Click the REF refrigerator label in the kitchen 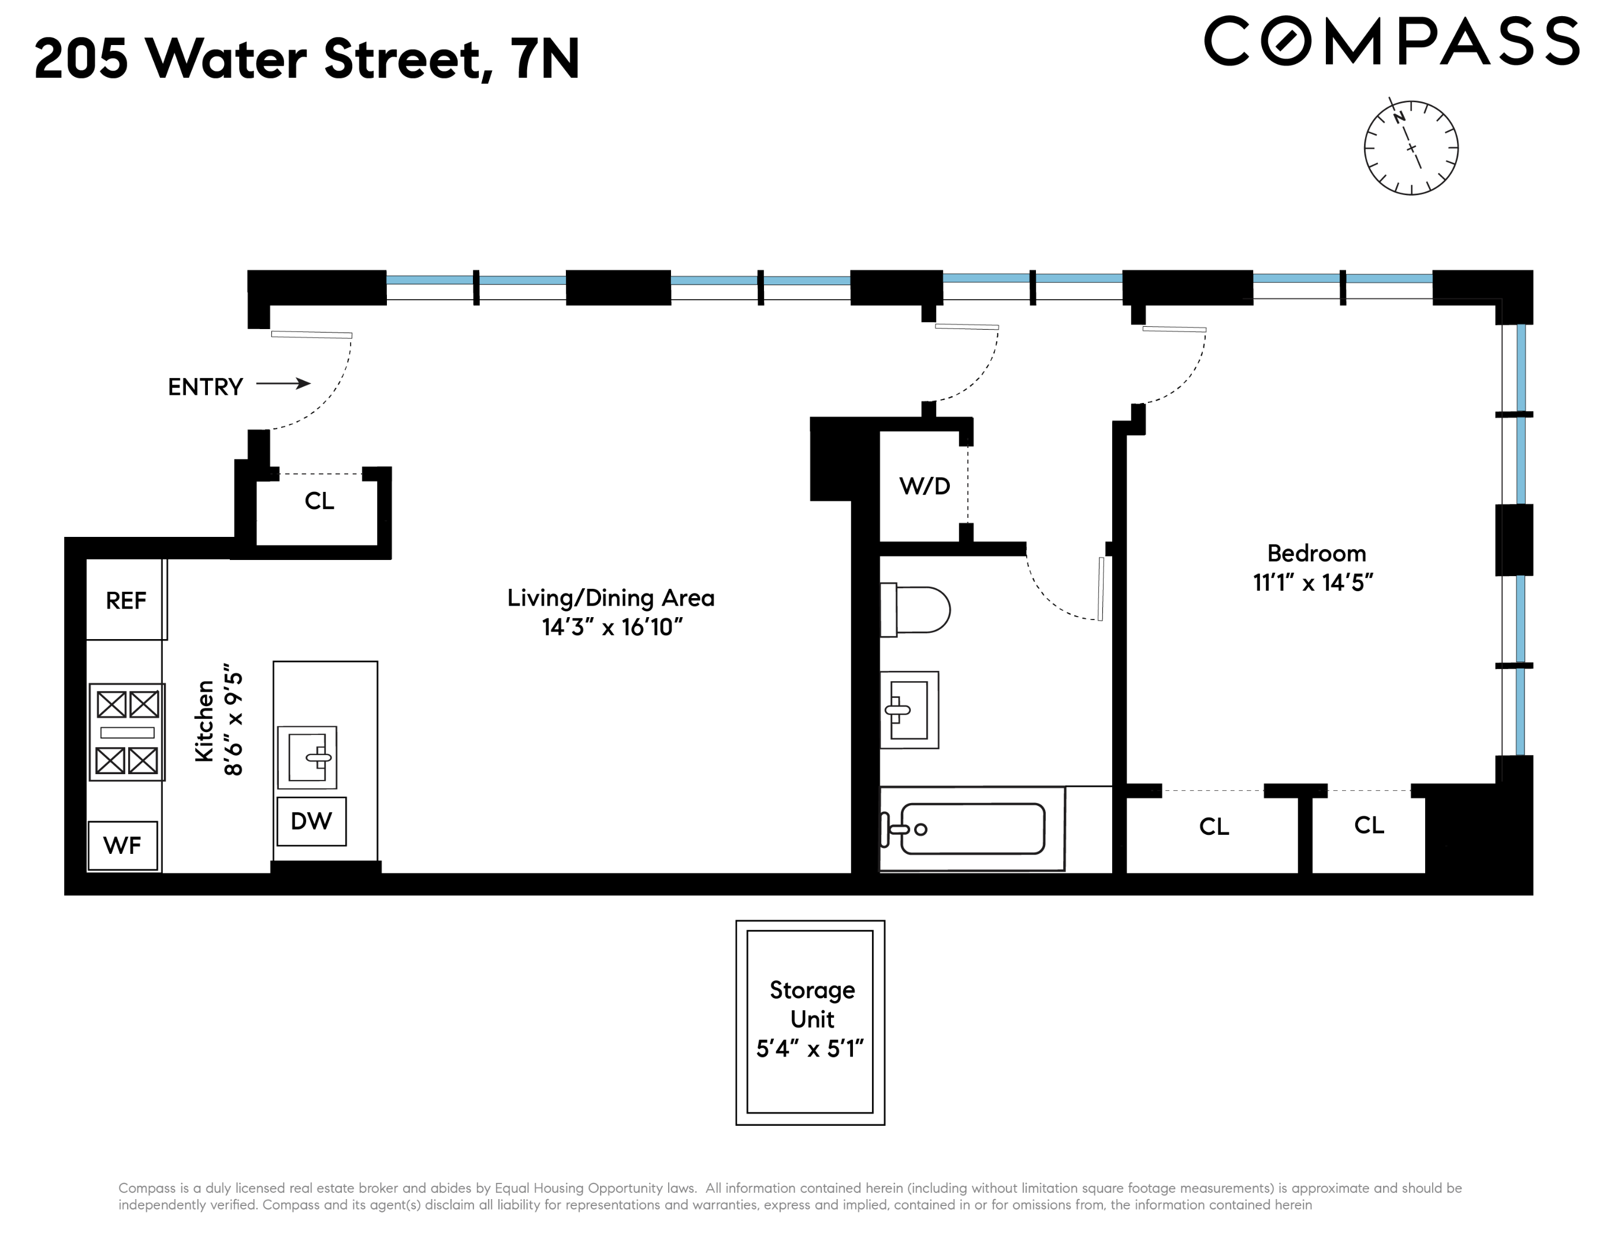tap(126, 600)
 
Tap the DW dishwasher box tap(311, 821)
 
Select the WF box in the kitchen tap(122, 845)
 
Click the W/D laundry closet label tap(925, 486)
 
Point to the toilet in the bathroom tap(915, 610)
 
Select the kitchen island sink tap(307, 757)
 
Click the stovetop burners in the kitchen tap(127, 732)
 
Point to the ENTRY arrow tap(283, 383)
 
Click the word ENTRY tap(206, 386)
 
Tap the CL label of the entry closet tap(319, 501)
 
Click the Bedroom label tap(1316, 553)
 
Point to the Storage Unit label tap(812, 1005)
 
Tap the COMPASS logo tap(1392, 42)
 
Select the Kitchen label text tap(204, 721)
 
